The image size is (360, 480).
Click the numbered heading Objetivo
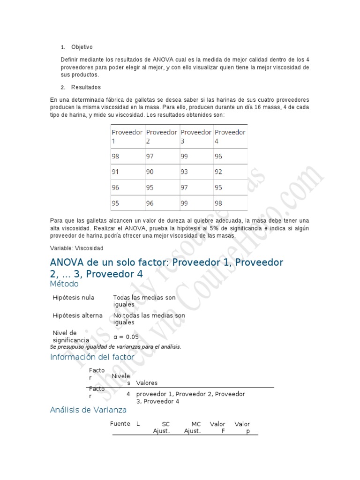pos(82,47)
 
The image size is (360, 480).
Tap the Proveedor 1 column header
pos(127,136)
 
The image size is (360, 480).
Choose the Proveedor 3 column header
pos(196,136)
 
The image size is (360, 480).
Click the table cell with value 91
pos(115,172)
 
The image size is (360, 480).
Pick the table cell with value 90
pos(150,172)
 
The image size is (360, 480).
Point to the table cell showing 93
pos(184,172)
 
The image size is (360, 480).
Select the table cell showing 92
pos(218,172)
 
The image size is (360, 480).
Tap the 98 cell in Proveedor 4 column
pos(218,203)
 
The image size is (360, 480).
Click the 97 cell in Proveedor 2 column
pos(150,157)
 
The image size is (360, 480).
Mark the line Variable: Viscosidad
pos(76,248)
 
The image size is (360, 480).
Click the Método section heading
pos(64,284)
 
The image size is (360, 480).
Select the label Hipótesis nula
pos(74,298)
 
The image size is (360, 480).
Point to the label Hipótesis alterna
pos(77,315)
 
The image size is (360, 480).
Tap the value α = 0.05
pos(126,337)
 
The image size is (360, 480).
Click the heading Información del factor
pos(92,357)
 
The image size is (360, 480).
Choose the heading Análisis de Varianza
pos(88,410)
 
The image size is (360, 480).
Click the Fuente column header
pos(120,424)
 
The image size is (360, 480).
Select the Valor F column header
pos(217,427)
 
